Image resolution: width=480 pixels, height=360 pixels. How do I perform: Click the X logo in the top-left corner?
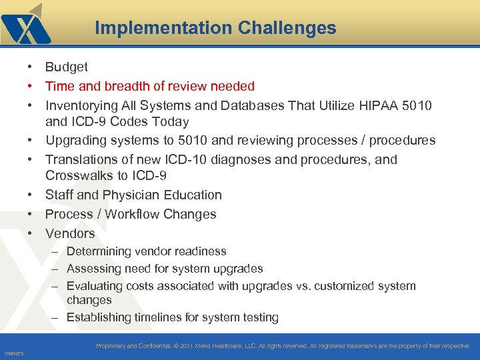(25, 27)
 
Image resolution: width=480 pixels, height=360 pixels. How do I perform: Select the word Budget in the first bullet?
(66, 67)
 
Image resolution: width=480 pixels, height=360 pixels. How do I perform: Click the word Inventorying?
(81, 105)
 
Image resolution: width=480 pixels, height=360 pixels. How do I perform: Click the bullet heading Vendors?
(70, 233)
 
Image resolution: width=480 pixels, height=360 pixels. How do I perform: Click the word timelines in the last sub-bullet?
(161, 317)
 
